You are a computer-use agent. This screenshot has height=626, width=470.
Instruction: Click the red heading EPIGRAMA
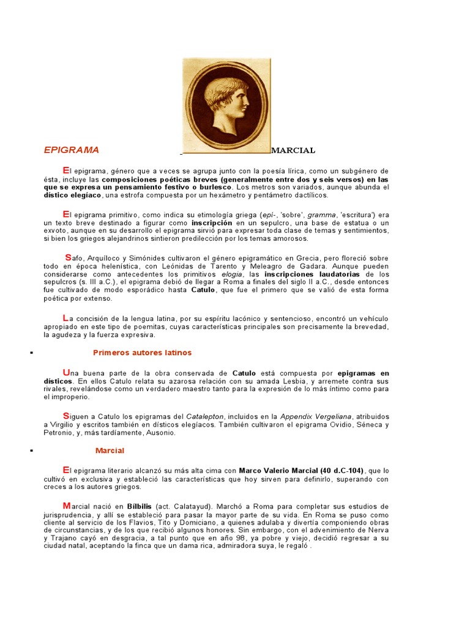point(72,150)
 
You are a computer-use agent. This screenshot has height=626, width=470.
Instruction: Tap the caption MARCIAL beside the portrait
point(293,150)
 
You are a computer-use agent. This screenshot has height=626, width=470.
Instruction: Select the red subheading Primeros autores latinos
point(142,353)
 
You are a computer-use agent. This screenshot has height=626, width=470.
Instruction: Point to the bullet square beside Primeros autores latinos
point(30,353)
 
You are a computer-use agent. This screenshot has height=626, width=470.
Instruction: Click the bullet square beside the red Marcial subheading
point(30,451)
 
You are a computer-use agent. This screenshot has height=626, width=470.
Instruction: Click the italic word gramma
point(321,215)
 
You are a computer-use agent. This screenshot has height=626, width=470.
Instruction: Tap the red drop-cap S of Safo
point(68,257)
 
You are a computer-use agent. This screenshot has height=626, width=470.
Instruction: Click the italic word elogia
point(233,274)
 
